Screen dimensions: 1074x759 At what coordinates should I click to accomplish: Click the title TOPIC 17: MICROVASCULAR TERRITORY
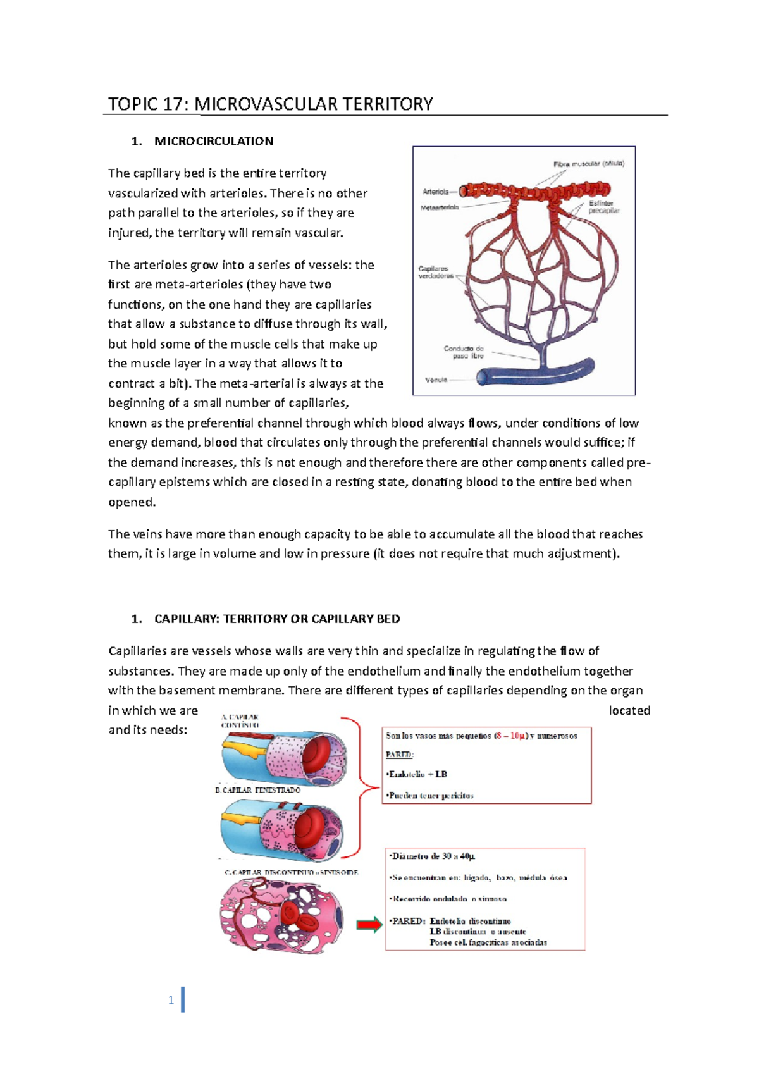(x=270, y=104)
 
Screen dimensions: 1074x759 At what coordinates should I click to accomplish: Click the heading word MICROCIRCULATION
(x=214, y=141)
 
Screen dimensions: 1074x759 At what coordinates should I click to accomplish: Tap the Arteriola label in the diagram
(x=436, y=192)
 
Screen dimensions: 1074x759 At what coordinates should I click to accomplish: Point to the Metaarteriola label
(x=440, y=207)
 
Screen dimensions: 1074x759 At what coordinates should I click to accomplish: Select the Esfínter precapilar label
(x=603, y=207)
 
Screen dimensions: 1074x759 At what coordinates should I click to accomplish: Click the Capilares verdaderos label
(x=436, y=272)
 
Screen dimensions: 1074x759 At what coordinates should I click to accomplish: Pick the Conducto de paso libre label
(x=464, y=352)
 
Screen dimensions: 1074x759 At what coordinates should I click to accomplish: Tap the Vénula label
(x=436, y=380)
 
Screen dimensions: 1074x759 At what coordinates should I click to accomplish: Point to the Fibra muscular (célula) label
(x=589, y=163)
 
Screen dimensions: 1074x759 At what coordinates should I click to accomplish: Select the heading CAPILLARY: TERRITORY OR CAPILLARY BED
(x=277, y=619)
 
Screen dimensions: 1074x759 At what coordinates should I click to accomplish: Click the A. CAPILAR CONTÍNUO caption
(x=240, y=721)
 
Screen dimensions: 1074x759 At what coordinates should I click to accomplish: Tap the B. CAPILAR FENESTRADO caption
(x=258, y=790)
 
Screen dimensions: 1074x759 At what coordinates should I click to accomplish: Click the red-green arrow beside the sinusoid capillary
(x=369, y=925)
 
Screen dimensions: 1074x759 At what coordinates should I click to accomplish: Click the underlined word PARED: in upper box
(x=399, y=755)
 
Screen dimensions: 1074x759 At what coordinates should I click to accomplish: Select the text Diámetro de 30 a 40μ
(x=433, y=856)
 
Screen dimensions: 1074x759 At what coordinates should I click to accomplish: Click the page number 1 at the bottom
(x=171, y=1000)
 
